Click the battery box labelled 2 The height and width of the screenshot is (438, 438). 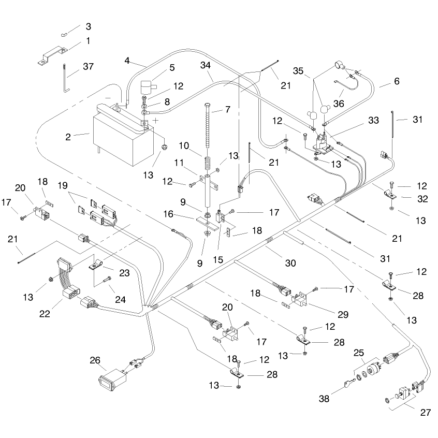(123, 136)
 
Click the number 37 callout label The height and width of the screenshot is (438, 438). (88, 66)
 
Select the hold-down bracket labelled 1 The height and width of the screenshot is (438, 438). (53, 55)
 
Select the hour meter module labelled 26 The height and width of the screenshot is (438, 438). (112, 380)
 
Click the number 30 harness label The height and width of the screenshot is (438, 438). (290, 263)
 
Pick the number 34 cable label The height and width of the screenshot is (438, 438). (206, 65)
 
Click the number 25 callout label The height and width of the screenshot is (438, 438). (359, 353)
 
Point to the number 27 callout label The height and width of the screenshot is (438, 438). (425, 412)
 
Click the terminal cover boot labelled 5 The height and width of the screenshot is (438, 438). (148, 87)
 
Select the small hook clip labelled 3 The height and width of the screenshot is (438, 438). (64, 35)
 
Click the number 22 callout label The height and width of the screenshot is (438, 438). (45, 314)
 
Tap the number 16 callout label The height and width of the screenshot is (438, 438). (168, 214)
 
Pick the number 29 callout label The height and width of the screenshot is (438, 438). (343, 315)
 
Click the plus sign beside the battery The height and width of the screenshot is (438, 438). (156, 121)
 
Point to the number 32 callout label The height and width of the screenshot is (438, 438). (422, 199)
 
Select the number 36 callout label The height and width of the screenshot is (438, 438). (339, 104)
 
